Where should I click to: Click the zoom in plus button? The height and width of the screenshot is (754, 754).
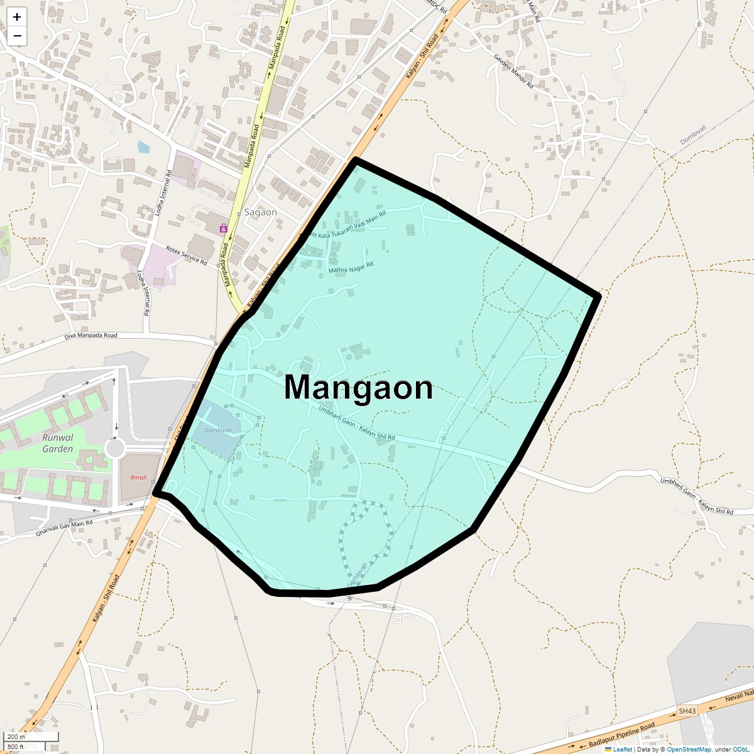[x=17, y=17]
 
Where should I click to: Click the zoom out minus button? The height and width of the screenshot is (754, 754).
[x=17, y=36]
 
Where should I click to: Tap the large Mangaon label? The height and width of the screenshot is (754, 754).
[x=358, y=388]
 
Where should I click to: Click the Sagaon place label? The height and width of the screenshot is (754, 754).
[x=260, y=212]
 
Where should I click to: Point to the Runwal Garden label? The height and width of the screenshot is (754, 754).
[x=58, y=443]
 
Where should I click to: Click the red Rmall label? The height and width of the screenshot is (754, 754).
[x=138, y=478]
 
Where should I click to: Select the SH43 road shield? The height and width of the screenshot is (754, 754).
[x=687, y=711]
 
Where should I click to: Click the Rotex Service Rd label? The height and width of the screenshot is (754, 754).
[x=186, y=255]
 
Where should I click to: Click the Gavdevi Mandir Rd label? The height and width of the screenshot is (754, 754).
[x=513, y=71]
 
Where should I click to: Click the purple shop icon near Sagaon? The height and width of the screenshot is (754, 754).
[x=223, y=229]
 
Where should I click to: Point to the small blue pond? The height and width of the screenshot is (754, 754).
[x=144, y=148]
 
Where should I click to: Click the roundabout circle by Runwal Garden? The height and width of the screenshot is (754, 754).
[x=115, y=449]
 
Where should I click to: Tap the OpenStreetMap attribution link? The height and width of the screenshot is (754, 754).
[x=689, y=749]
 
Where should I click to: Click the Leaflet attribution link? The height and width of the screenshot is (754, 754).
[x=622, y=749]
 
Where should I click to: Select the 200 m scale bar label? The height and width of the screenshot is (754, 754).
[x=17, y=736]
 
